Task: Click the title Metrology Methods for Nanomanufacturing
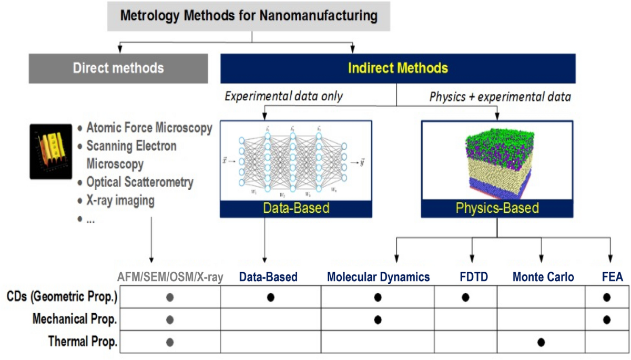coord(249,15)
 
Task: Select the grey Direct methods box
coord(118,68)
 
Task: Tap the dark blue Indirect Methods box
coord(398,68)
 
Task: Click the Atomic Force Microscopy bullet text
coord(149,128)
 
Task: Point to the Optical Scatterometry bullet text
coord(140,182)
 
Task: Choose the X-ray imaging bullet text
coord(120,200)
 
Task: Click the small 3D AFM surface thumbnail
coord(50,151)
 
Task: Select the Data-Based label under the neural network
coord(296,208)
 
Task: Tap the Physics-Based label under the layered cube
coord(497,208)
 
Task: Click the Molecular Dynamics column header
coord(378,276)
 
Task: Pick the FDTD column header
coord(465,276)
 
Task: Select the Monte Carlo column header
coord(543,276)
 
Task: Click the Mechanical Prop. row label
coord(75,319)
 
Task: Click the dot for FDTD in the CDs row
coord(465,297)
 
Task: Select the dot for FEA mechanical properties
coord(607,319)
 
